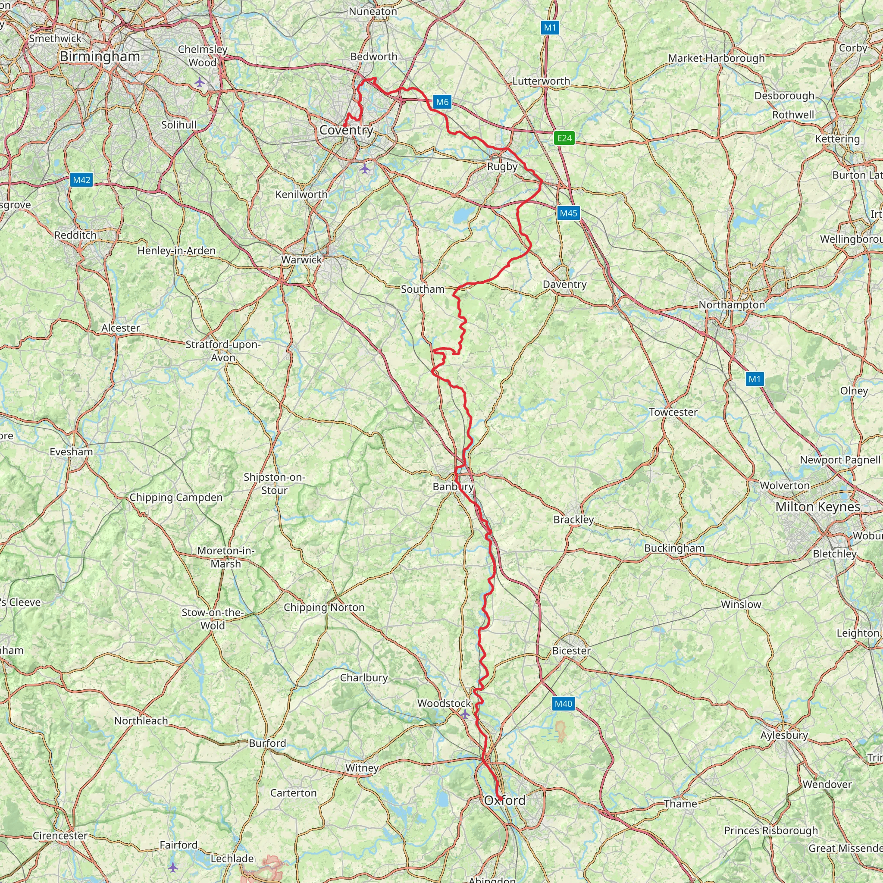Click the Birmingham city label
100,56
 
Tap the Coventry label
346,130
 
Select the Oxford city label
504,800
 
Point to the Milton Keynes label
817,507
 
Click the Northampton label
731,305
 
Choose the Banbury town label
452,487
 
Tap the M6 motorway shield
442,102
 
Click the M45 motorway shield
569,213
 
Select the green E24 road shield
564,138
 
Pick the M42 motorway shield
82,180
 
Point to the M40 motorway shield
563,704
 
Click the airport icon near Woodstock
465,714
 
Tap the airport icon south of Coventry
364,169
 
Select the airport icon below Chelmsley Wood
200,82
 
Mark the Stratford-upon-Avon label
223,351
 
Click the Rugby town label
502,166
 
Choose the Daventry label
564,284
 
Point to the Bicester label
571,650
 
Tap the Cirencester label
60,836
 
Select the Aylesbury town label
784,735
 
